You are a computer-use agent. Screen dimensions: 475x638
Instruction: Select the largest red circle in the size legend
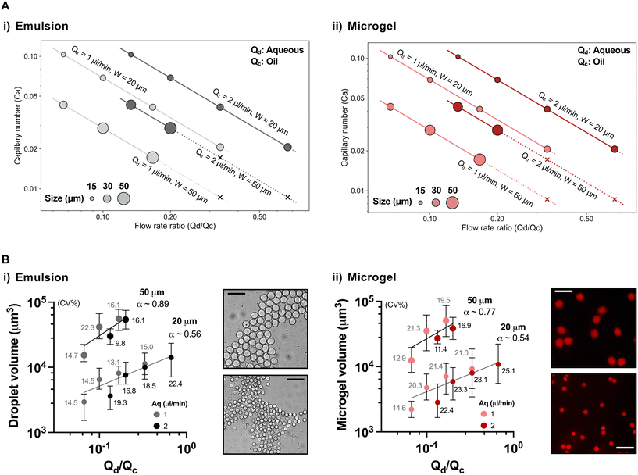click(452, 202)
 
